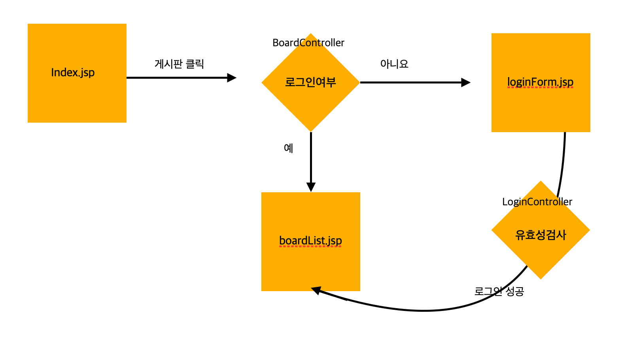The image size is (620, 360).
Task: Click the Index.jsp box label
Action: click(73, 73)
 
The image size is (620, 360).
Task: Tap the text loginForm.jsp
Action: click(540, 82)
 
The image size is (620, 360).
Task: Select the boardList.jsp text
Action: click(310, 241)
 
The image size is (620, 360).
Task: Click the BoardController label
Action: click(308, 43)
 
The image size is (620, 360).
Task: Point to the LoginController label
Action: click(537, 202)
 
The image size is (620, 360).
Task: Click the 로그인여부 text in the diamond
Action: click(310, 82)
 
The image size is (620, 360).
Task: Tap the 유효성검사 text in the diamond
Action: click(541, 235)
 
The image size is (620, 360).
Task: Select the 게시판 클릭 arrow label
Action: click(179, 64)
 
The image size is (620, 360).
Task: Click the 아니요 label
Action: click(394, 64)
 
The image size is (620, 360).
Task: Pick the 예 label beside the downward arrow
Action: click(289, 148)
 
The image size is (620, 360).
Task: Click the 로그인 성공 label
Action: click(499, 292)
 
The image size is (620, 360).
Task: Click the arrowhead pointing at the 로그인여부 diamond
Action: click(232, 78)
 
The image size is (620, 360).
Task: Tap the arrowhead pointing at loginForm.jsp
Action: click(466, 82)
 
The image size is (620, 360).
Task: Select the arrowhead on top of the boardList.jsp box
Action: click(311, 187)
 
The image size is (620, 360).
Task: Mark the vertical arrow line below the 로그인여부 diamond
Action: click(311, 158)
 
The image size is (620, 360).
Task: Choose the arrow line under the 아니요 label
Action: click(411, 82)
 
